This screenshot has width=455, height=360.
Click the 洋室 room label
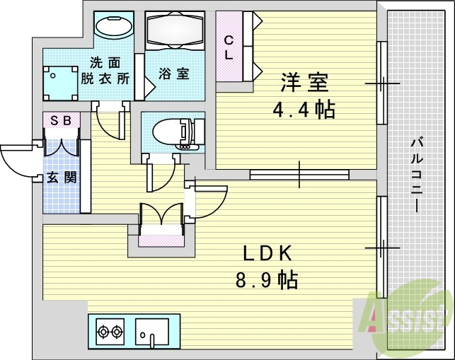(305, 83)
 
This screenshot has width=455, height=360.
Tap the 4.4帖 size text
(305, 110)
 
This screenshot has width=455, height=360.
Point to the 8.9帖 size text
(267, 279)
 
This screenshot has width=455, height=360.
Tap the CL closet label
(229, 47)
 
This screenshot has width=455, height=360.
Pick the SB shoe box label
(61, 120)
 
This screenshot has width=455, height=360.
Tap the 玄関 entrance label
(62, 177)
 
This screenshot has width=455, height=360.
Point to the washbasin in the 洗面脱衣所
(113, 27)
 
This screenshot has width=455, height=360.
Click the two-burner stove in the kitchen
(110, 330)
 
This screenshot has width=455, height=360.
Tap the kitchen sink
(152, 330)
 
